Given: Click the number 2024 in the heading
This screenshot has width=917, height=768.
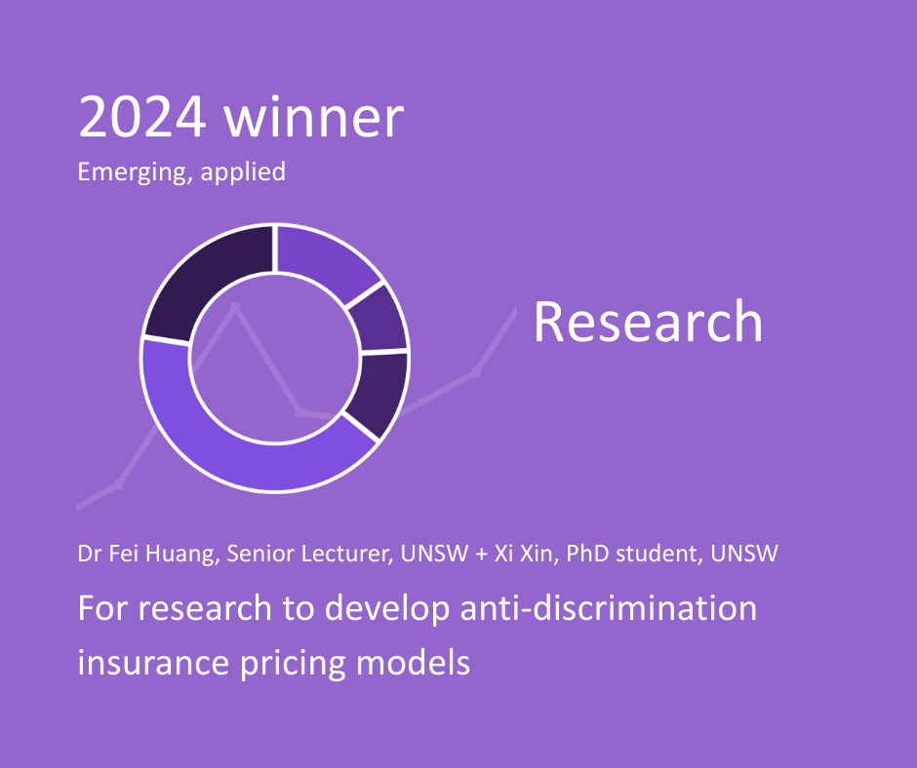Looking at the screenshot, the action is [x=142, y=117].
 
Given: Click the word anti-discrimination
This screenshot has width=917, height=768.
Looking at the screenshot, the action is [x=608, y=608].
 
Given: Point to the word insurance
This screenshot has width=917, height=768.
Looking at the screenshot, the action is [x=153, y=663].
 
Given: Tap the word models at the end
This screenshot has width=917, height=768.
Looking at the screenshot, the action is [x=414, y=663].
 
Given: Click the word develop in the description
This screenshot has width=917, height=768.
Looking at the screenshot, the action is [x=387, y=609].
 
